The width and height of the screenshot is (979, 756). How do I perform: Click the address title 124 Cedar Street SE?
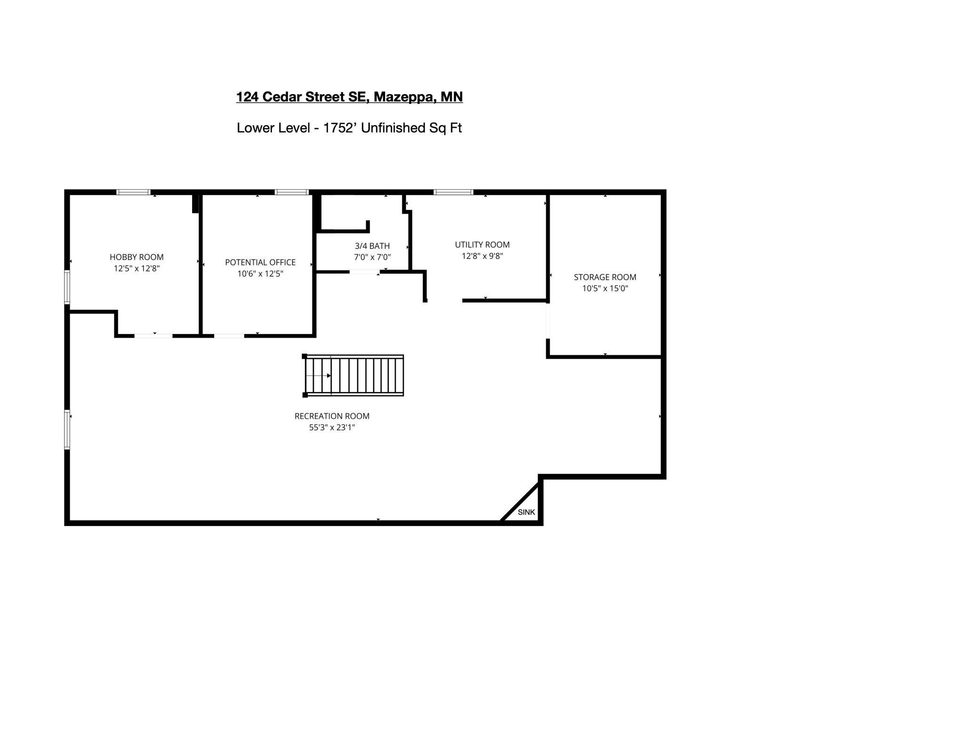click(349, 97)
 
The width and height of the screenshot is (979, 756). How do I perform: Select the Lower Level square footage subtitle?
click(349, 128)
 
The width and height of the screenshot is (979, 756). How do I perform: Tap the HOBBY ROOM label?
click(136, 257)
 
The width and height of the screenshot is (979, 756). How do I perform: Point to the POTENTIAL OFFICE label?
click(260, 263)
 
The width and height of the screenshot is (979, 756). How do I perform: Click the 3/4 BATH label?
click(372, 246)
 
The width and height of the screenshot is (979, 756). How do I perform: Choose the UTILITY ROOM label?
click(482, 245)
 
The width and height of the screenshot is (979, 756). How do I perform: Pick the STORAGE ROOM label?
click(605, 278)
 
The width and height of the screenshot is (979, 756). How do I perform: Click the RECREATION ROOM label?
click(332, 416)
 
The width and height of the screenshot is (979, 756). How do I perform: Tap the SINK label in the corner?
click(526, 512)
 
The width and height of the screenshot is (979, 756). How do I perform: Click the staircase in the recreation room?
click(353, 375)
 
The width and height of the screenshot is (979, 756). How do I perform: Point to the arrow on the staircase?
click(318, 375)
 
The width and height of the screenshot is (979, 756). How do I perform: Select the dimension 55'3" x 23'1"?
click(332, 428)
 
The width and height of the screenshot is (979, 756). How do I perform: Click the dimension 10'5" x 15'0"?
click(605, 288)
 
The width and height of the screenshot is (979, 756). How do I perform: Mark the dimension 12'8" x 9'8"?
click(482, 256)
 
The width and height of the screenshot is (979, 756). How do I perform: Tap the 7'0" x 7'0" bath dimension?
click(372, 257)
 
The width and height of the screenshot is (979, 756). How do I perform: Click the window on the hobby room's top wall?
click(134, 192)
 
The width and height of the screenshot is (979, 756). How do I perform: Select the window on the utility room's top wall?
click(453, 192)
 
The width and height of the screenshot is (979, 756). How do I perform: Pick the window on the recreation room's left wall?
click(67, 430)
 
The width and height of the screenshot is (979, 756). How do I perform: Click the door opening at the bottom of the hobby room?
click(153, 335)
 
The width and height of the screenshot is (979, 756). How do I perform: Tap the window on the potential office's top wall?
click(291, 192)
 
